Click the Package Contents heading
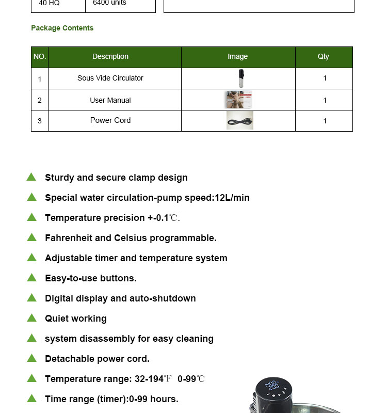(62, 28)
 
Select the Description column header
(110, 57)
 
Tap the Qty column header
(324, 57)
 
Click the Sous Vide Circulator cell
(110, 78)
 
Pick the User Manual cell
(110, 100)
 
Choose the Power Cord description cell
(110, 120)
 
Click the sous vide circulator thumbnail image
(240, 78)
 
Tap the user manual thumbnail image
(238, 100)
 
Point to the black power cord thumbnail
(240, 120)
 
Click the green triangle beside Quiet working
(31, 317)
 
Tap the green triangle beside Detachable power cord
(31, 358)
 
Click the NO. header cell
(40, 57)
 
